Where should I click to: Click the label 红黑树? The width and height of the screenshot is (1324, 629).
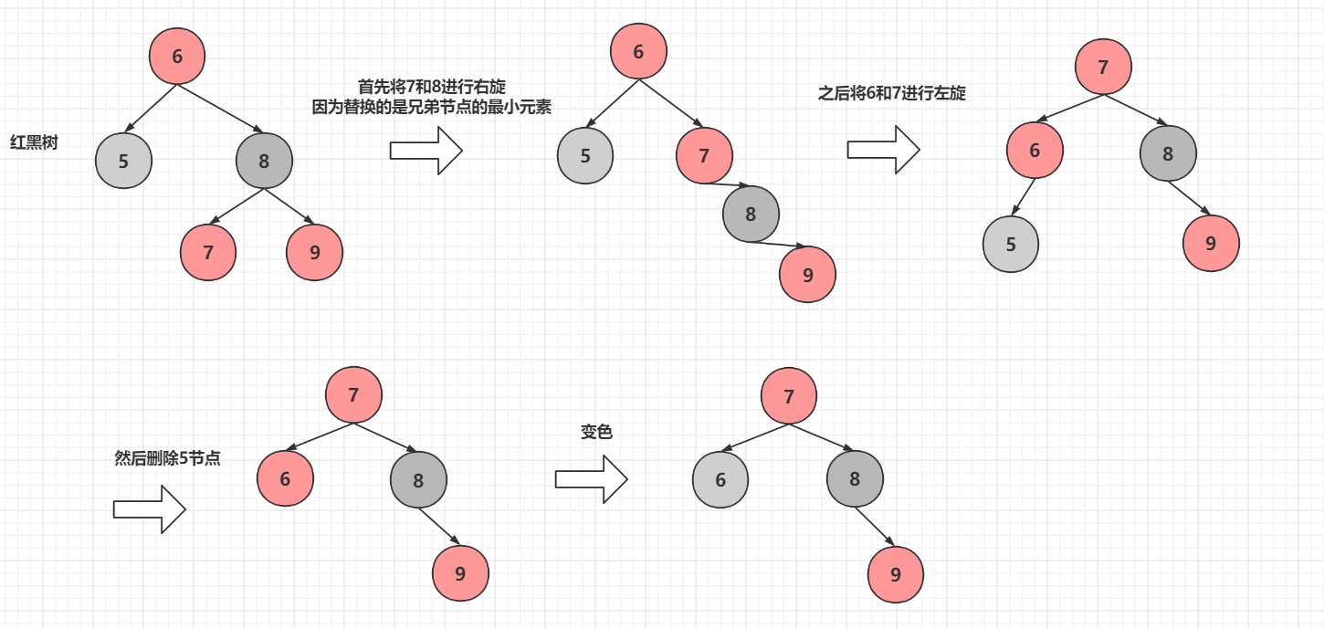click(x=34, y=142)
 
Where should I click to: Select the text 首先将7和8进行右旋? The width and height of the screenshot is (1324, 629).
click(x=432, y=87)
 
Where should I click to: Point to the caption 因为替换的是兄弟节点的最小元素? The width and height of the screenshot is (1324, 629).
click(x=432, y=107)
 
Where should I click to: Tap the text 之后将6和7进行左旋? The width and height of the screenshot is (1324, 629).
click(x=892, y=93)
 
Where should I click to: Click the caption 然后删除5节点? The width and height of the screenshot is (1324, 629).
click(x=167, y=458)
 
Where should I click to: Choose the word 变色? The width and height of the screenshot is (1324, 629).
click(x=596, y=432)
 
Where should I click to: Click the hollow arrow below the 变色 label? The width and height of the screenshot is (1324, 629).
click(x=591, y=479)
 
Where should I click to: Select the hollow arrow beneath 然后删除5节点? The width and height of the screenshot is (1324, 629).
click(x=149, y=508)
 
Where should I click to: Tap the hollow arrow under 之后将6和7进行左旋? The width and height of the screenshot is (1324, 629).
click(x=883, y=150)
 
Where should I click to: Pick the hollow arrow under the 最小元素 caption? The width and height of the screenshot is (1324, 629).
click(x=426, y=150)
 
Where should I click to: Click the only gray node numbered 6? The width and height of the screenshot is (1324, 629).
click(x=720, y=479)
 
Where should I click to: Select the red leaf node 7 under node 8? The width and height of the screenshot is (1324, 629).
click(x=208, y=252)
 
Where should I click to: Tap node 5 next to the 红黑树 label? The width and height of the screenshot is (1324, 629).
click(x=123, y=162)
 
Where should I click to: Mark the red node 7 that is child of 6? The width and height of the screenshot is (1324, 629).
click(x=704, y=155)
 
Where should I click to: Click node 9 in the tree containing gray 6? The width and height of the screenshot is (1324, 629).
click(x=896, y=574)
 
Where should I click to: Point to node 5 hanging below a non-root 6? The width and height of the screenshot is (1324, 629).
click(x=1011, y=244)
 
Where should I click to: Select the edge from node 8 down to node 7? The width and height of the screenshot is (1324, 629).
click(x=237, y=206)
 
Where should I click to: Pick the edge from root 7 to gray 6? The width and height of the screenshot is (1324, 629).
click(x=756, y=437)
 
